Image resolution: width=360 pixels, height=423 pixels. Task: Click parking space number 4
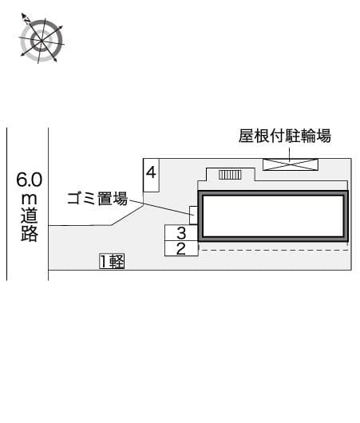[151, 175]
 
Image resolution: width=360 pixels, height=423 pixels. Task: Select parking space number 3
[181, 233]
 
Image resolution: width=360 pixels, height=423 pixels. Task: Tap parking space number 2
[181, 248]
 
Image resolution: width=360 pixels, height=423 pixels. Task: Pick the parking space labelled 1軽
[112, 261]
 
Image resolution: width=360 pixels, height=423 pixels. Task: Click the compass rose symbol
[42, 41]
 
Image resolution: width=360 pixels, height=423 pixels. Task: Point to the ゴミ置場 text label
[97, 199]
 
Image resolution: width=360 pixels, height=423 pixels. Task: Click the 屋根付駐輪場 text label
[285, 136]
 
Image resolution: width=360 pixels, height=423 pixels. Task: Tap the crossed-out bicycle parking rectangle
[291, 164]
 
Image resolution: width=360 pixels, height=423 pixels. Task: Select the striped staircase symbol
[230, 175]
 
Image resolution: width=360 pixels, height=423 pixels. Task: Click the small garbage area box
[194, 215]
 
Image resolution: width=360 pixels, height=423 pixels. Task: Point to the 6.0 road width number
[30, 180]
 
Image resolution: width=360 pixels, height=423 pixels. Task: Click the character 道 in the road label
[30, 215]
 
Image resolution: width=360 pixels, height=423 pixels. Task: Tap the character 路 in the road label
[30, 233]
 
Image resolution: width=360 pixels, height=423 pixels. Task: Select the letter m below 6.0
[30, 199]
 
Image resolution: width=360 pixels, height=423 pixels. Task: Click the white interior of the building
[273, 215]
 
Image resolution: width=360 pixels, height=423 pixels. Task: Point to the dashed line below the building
[275, 251]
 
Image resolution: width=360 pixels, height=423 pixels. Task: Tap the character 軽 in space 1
[117, 262]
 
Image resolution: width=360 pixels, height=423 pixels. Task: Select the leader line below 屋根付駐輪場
[290, 155]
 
